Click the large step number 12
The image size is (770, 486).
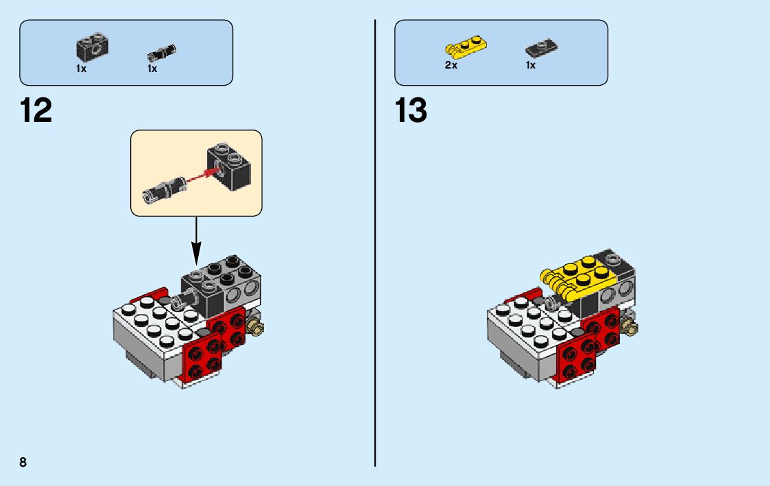click(36, 110)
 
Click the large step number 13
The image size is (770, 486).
click(411, 110)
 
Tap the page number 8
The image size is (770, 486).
click(23, 462)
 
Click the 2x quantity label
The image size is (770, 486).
click(450, 66)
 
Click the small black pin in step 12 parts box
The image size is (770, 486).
click(162, 52)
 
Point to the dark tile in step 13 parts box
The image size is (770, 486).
click(540, 49)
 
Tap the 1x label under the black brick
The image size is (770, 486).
click(82, 69)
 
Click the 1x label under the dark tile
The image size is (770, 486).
click(531, 66)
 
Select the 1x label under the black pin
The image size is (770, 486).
click(152, 69)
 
